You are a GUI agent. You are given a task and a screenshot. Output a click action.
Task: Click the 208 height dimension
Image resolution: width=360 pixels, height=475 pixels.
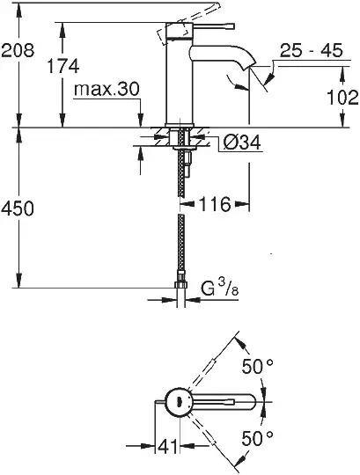18,50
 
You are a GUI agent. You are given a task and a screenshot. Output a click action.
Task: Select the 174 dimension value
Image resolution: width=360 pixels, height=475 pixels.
63,66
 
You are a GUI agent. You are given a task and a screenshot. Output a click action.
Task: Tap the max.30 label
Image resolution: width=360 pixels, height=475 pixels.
107,89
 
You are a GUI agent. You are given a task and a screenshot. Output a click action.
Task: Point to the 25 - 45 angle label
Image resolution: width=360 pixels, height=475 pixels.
311,51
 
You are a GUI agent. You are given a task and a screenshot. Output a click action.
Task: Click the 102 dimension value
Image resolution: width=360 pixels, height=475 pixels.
342,98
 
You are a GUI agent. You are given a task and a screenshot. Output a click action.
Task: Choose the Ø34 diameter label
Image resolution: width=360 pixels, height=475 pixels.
242,142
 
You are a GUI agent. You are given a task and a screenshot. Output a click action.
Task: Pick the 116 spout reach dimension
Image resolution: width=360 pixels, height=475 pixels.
215,204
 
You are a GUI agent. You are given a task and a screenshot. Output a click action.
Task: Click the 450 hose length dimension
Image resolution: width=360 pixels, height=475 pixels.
17,209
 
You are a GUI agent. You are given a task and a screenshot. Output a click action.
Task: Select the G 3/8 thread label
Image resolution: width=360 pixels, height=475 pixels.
220,288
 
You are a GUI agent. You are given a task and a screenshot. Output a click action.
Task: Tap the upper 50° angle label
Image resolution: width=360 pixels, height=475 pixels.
257,367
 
